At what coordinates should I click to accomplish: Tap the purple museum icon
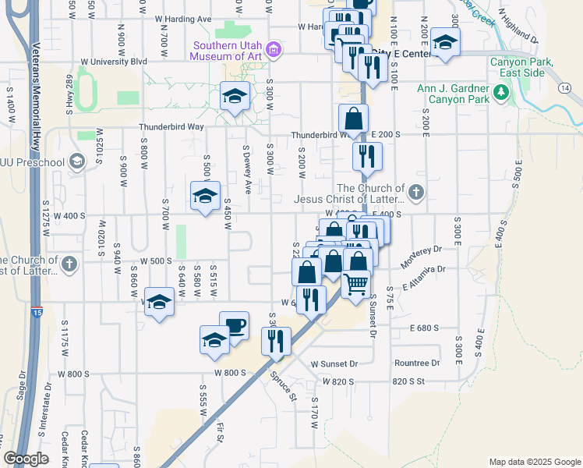[273, 51]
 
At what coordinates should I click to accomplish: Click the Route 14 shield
[563, 88]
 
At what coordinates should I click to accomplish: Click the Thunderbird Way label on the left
[171, 126]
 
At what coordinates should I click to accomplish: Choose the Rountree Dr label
[417, 363]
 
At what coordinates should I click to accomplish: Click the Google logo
[26, 459]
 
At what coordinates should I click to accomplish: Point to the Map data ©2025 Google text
[534, 462]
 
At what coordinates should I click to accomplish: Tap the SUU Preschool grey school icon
[76, 162]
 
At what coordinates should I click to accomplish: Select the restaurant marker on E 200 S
[362, 156]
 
